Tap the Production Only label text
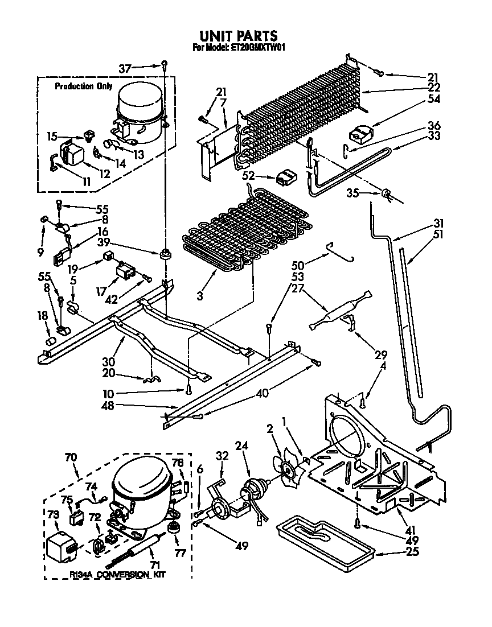(83, 86)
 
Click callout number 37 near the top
(125, 69)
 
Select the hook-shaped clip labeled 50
(341, 252)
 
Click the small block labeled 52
(284, 179)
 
